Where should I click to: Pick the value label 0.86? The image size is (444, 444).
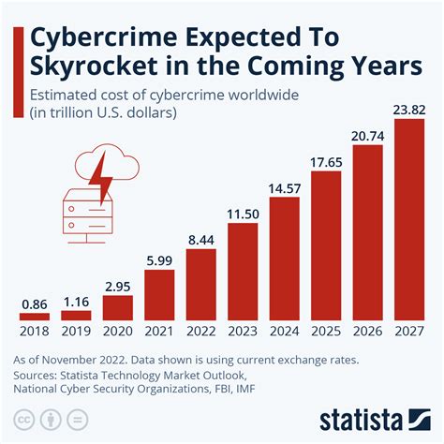(35, 306)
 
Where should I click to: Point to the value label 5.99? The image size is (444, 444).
(159, 261)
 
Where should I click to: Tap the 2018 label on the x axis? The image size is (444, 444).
(35, 331)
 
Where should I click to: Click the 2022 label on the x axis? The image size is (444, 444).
(201, 331)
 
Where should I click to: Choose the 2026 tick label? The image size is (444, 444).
(368, 331)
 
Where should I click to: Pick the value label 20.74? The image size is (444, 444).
(368, 135)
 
